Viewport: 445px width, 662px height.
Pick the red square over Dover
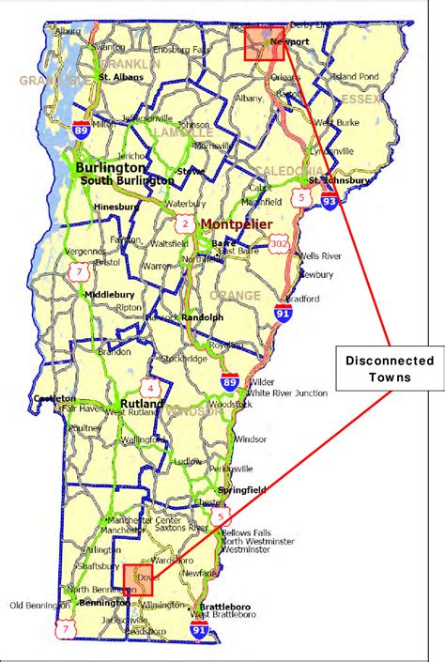coord(138,578)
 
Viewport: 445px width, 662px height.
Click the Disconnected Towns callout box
coord(389,368)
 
